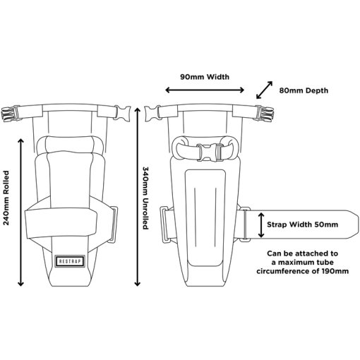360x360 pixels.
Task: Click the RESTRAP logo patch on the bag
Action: coord(70,261)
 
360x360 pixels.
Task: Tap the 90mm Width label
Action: coord(205,77)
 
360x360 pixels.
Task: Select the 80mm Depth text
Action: coord(304,90)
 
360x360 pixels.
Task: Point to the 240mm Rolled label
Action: coord(6,198)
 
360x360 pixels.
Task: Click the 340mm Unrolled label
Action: coord(145,198)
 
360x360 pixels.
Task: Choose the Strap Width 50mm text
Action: coord(302,224)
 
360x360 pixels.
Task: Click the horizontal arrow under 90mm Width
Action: coord(205,90)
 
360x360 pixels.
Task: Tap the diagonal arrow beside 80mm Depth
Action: coord(264,90)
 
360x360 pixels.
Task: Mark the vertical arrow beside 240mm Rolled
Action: coord(20,212)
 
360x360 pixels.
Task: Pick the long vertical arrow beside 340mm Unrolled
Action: coord(138,197)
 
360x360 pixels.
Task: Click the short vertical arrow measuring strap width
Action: coord(261,224)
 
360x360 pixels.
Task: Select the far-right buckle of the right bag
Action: coord(265,114)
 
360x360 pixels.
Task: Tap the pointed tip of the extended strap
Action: coord(359,224)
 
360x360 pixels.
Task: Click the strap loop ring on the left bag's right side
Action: coord(114,224)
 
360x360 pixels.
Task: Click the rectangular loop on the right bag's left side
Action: coord(165,224)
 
